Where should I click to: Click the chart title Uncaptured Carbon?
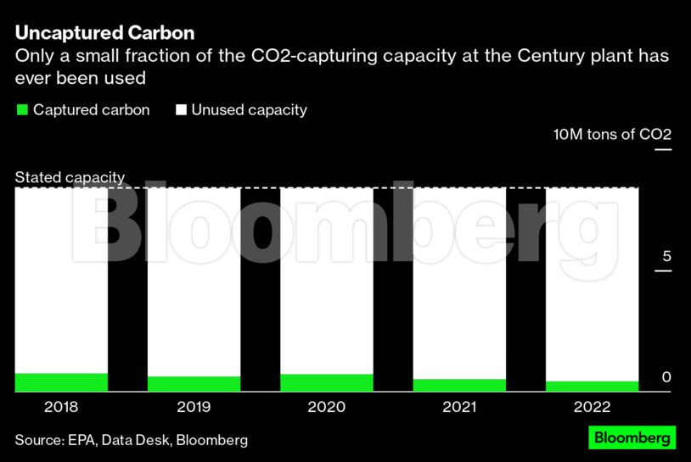[x=104, y=33]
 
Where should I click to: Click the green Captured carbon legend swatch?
[x=23, y=110]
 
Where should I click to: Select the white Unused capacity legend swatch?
[x=181, y=110]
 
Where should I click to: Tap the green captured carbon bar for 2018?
[x=61, y=382]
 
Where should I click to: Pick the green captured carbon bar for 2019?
[x=194, y=384]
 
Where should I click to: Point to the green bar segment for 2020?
[x=326, y=383]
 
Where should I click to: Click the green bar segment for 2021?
[x=459, y=385]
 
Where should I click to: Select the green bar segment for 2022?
[x=592, y=387]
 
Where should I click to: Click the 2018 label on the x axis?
[x=61, y=407]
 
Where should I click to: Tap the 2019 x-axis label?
[x=194, y=407]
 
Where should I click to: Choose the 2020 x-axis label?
[x=326, y=407]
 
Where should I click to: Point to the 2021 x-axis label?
[x=459, y=407]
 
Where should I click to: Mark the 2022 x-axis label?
[x=592, y=407]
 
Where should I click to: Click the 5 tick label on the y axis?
[x=666, y=257]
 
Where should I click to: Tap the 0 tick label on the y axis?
[x=666, y=377]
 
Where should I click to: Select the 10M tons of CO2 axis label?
[x=612, y=135]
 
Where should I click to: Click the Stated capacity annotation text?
[x=70, y=178]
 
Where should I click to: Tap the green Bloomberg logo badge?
[x=632, y=437]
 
